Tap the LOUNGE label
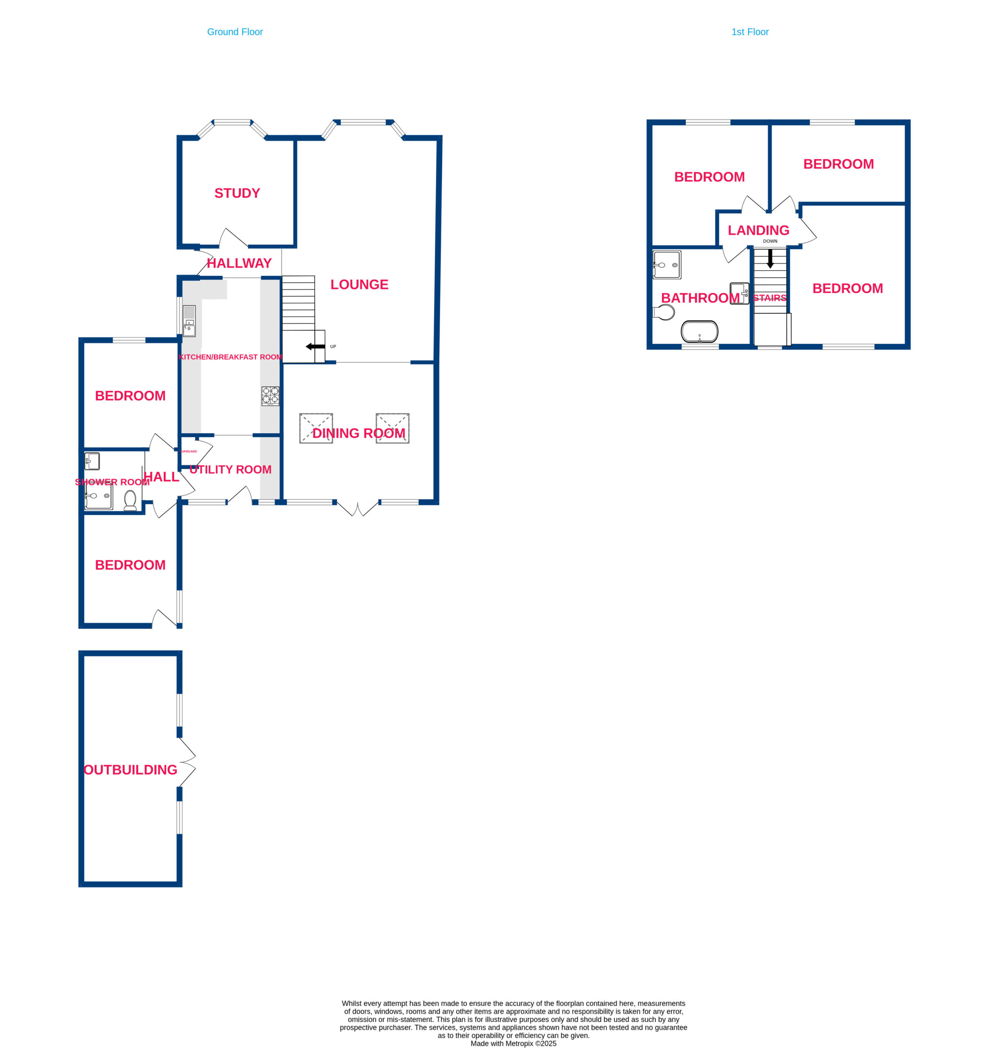359,284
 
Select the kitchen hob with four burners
271,396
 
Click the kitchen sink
189,321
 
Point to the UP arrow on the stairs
315,346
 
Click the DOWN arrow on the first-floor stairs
770,258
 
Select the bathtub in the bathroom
700,332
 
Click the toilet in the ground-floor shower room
130,500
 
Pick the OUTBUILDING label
131,770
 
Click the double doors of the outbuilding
187,762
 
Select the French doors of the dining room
357,508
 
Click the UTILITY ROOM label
230,469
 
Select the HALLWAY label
239,263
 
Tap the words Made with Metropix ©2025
513,1043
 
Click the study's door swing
232,237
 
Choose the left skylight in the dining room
316,428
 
